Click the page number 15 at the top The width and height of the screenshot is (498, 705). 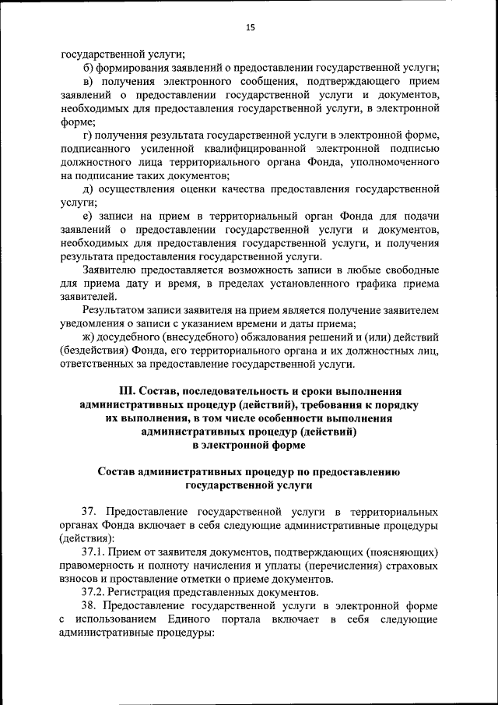tap(249, 28)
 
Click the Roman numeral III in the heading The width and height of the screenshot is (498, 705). tap(126, 390)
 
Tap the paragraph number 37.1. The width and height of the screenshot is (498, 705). tap(95, 551)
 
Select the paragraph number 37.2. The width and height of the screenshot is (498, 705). tap(95, 592)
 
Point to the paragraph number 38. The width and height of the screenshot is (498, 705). tap(88, 605)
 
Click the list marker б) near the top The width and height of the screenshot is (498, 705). tap(87, 68)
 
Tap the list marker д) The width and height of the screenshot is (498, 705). tap(87, 189)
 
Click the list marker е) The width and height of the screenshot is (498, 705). tap(87, 216)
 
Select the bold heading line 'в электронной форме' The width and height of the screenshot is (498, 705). tap(249, 446)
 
